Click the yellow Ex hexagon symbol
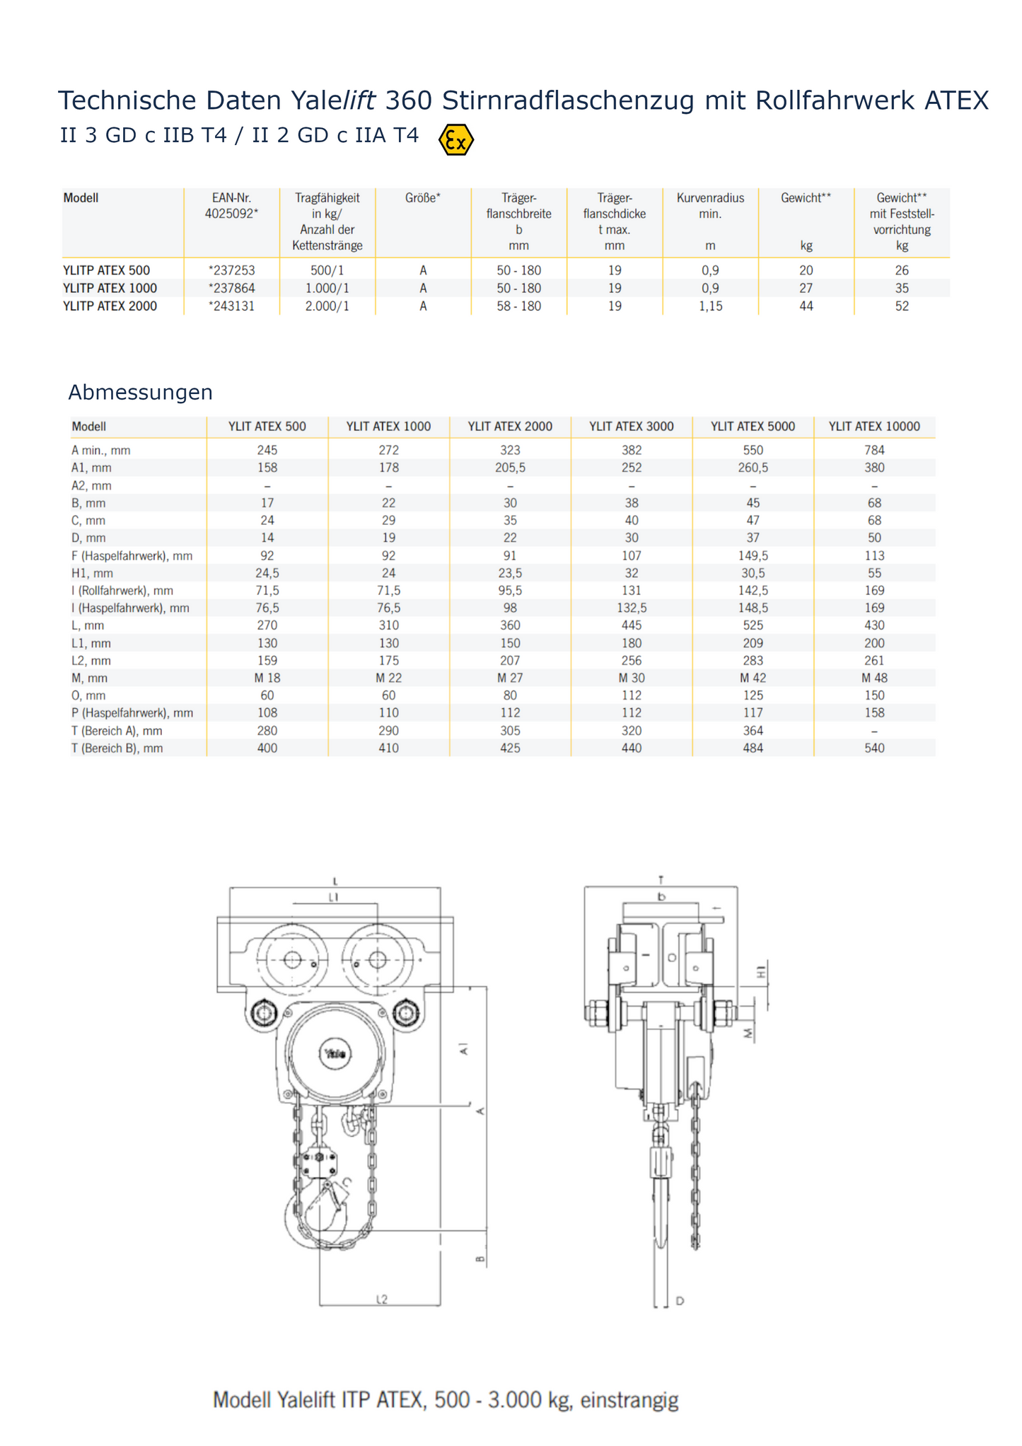(456, 140)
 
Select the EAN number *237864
(232, 289)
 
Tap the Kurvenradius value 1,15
(710, 306)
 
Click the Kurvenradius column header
(710, 206)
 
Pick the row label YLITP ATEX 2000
(110, 306)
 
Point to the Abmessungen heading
(140, 393)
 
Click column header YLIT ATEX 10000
(874, 427)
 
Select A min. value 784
(874, 451)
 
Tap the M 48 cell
(874, 678)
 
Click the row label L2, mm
(91, 661)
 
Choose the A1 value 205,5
(510, 468)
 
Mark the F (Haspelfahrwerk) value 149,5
(753, 556)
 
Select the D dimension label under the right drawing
(680, 1301)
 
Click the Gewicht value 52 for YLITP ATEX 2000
(902, 306)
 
